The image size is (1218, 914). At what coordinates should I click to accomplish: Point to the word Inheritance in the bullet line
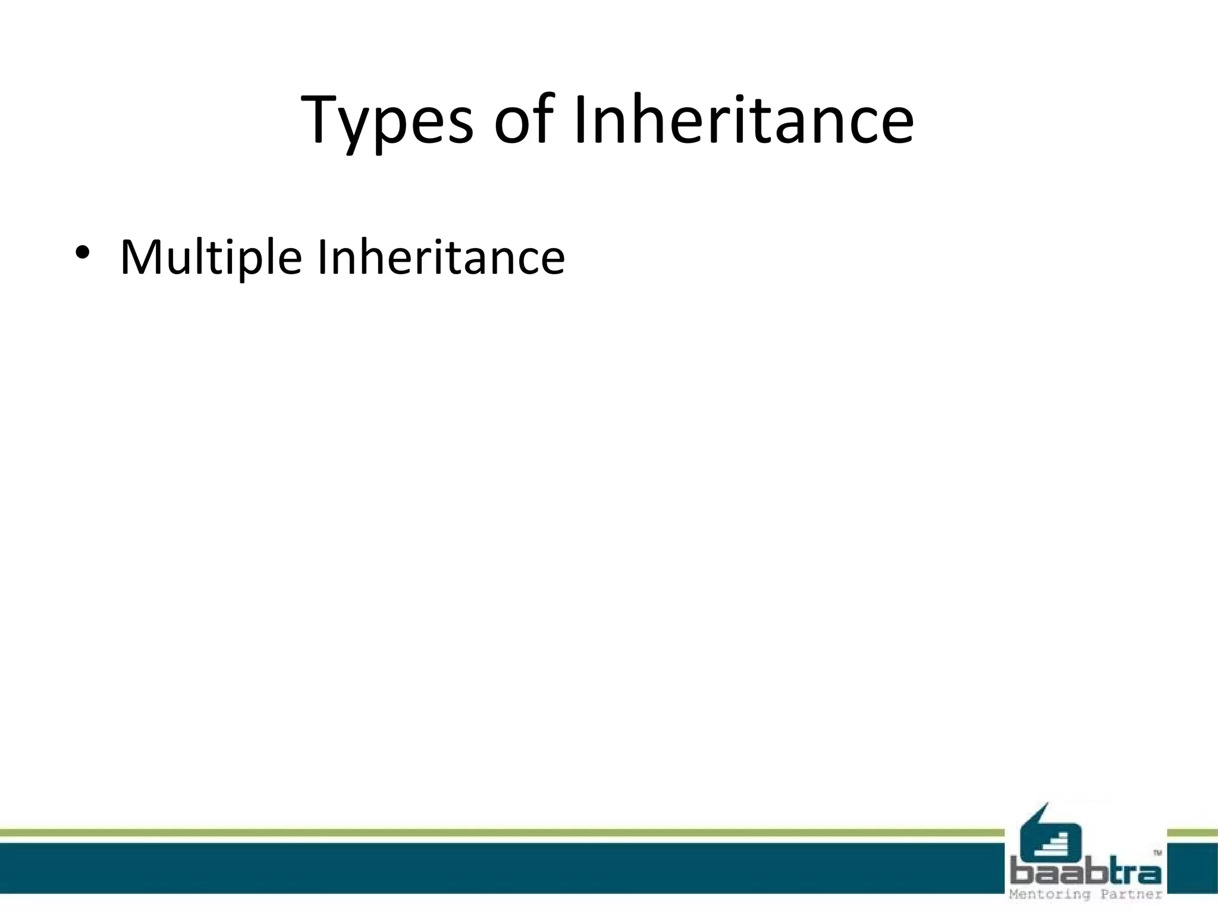pyautogui.click(x=441, y=257)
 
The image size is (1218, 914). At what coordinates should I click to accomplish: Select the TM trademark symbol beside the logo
pyautogui.click(x=1157, y=853)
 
